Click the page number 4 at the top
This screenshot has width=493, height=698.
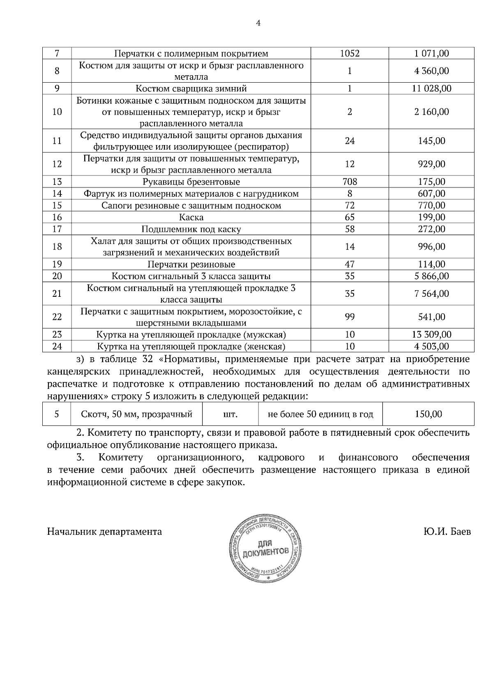point(258,23)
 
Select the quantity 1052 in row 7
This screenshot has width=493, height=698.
point(350,53)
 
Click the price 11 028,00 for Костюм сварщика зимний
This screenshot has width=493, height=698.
point(431,88)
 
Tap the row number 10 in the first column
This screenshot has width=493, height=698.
point(57,112)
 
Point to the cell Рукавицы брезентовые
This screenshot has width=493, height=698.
point(191,182)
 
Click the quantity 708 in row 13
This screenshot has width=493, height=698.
point(350,182)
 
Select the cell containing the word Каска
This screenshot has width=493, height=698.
point(191,217)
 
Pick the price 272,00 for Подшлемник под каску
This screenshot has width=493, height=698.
point(431,229)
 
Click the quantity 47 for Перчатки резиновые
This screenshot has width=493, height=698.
point(350,264)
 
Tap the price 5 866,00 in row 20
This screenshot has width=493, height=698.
point(431,276)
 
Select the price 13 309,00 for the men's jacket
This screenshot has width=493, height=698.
point(431,334)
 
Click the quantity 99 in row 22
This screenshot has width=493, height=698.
point(350,317)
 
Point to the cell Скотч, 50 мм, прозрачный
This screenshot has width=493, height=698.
point(137,414)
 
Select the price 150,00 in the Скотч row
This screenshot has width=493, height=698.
point(428,414)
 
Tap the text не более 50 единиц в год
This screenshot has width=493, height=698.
point(320,414)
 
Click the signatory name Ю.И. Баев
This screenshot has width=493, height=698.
point(447,532)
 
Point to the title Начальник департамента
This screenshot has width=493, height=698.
point(104,532)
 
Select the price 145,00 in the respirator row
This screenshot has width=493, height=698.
point(431,141)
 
